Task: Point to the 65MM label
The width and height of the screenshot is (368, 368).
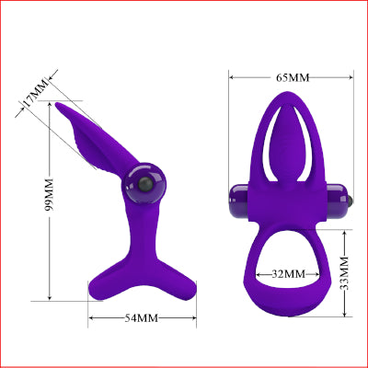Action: point(291,78)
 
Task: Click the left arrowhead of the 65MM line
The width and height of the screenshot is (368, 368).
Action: point(231,78)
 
